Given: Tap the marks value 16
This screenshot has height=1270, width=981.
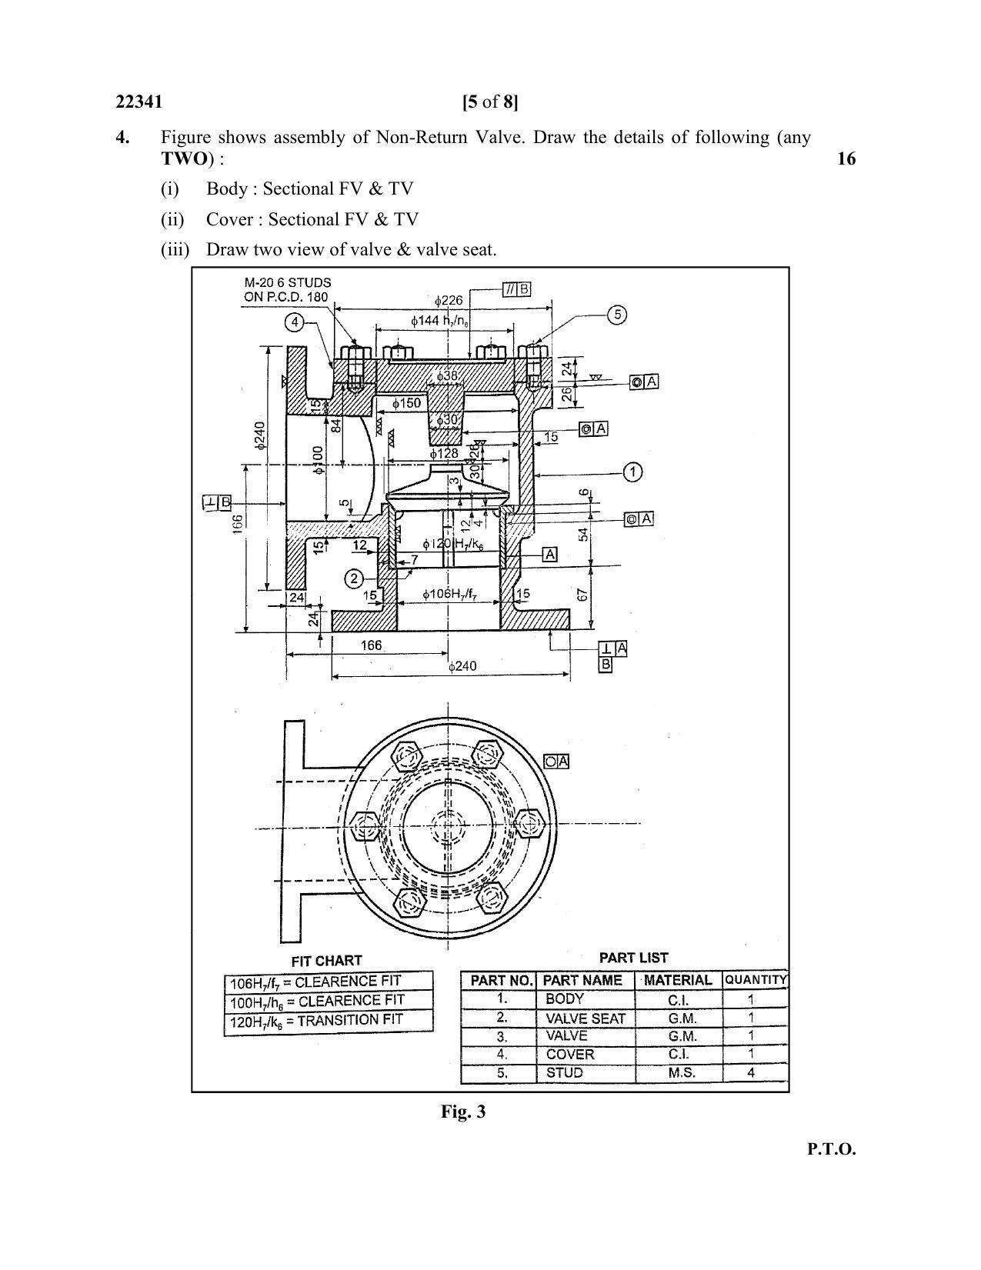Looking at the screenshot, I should point(846,158).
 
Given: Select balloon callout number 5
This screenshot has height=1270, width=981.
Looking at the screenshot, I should point(616,315).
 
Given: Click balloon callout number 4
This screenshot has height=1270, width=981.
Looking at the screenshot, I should point(295,322).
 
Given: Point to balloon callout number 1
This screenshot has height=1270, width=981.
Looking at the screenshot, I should point(632,472).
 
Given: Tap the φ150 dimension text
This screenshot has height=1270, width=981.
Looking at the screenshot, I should point(405,403).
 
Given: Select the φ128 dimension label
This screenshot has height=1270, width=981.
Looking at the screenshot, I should point(444,454).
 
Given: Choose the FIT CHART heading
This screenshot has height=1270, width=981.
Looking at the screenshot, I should point(326,961).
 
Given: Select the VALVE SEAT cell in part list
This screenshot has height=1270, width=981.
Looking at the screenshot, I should point(585,1018).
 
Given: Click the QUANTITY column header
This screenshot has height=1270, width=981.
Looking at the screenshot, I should point(756,980).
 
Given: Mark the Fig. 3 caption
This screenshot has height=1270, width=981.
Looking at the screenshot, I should point(462,1112).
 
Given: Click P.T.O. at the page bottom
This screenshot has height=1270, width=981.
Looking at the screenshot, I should point(831,1149).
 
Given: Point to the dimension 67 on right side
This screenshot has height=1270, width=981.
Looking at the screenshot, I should point(582,595).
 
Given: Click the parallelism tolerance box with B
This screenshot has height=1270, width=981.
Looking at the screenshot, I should point(516,289).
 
